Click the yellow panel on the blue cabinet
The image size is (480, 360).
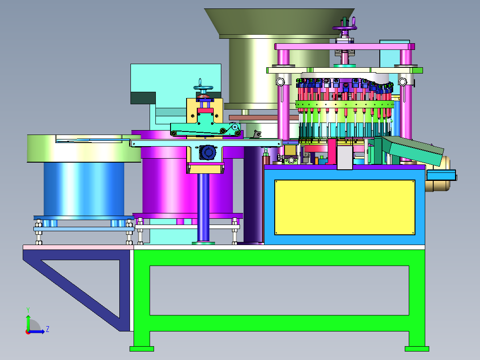345,208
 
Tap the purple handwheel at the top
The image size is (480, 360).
345,28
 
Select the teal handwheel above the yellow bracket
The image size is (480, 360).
203,88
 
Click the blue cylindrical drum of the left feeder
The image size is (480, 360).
84,189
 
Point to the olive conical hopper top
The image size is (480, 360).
279,21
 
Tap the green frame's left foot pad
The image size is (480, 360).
142,349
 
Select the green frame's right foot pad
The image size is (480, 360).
417,349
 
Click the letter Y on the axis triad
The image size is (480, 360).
28,310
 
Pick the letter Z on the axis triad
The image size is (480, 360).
48,329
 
